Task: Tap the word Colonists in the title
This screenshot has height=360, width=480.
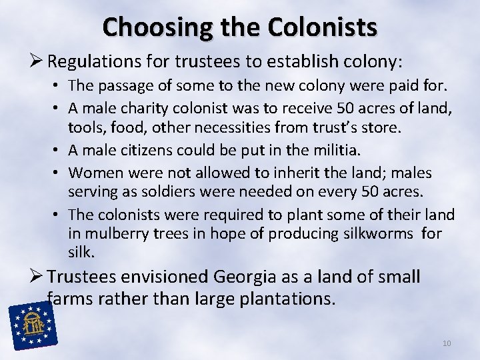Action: click(x=322, y=27)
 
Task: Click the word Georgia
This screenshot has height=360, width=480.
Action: click(x=247, y=276)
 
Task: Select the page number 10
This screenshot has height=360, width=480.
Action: click(x=446, y=343)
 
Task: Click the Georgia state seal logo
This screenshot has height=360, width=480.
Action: click(x=31, y=325)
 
